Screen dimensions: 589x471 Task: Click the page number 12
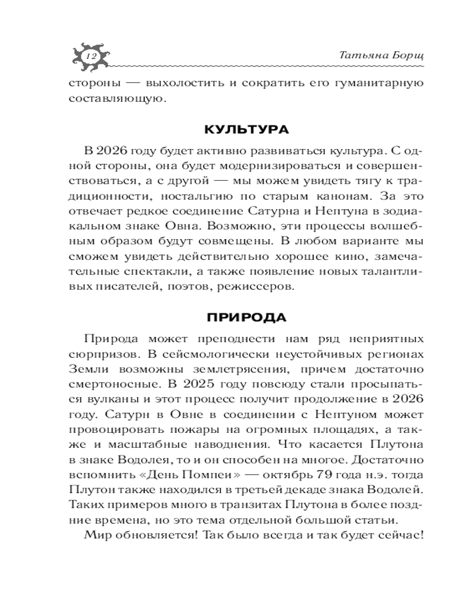click(91, 56)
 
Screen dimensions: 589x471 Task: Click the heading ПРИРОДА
click(247, 317)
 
